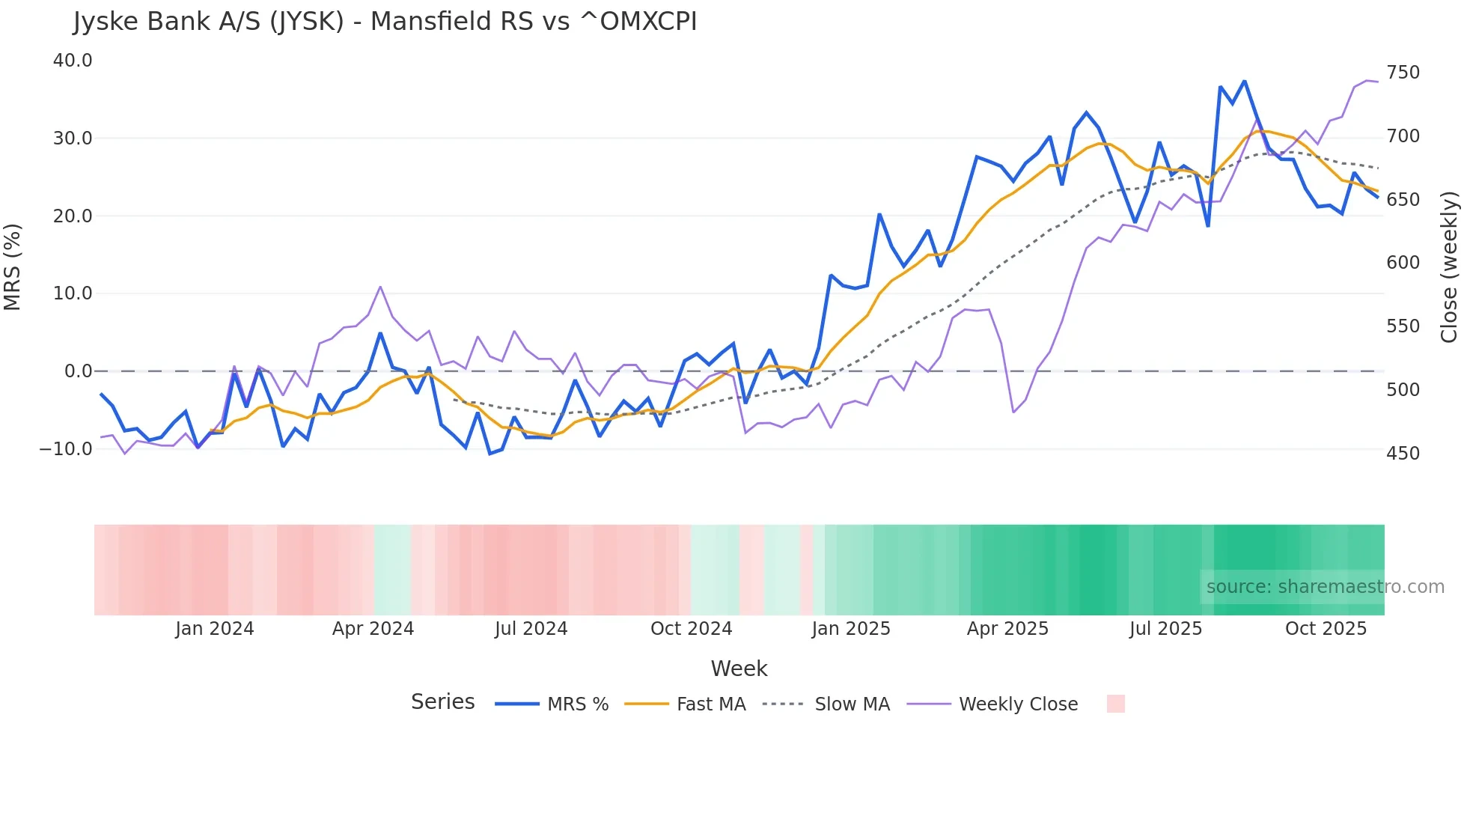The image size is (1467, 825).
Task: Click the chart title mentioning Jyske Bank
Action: coord(385,22)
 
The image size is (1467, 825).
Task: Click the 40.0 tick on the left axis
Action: coord(73,61)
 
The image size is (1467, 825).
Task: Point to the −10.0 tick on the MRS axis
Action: coord(66,449)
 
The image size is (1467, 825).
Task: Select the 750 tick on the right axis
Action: coord(1403,73)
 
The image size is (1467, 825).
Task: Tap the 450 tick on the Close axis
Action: coord(1403,454)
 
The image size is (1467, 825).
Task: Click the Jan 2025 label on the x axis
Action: coord(850,629)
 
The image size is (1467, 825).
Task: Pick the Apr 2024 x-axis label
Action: coord(373,629)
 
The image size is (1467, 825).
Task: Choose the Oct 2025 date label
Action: coord(1326,629)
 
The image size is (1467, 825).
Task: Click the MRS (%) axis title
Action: coord(13,267)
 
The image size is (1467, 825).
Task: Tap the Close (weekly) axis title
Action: coord(1449,267)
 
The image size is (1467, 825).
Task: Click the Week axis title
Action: coord(739,669)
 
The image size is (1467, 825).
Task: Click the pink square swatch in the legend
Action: coord(1115,704)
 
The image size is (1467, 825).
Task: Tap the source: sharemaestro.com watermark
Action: coord(1325,587)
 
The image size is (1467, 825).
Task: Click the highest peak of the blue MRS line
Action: coord(1245,81)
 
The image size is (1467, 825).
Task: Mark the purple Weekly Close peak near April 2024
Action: coord(380,287)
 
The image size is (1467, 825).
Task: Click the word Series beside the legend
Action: coord(442,702)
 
